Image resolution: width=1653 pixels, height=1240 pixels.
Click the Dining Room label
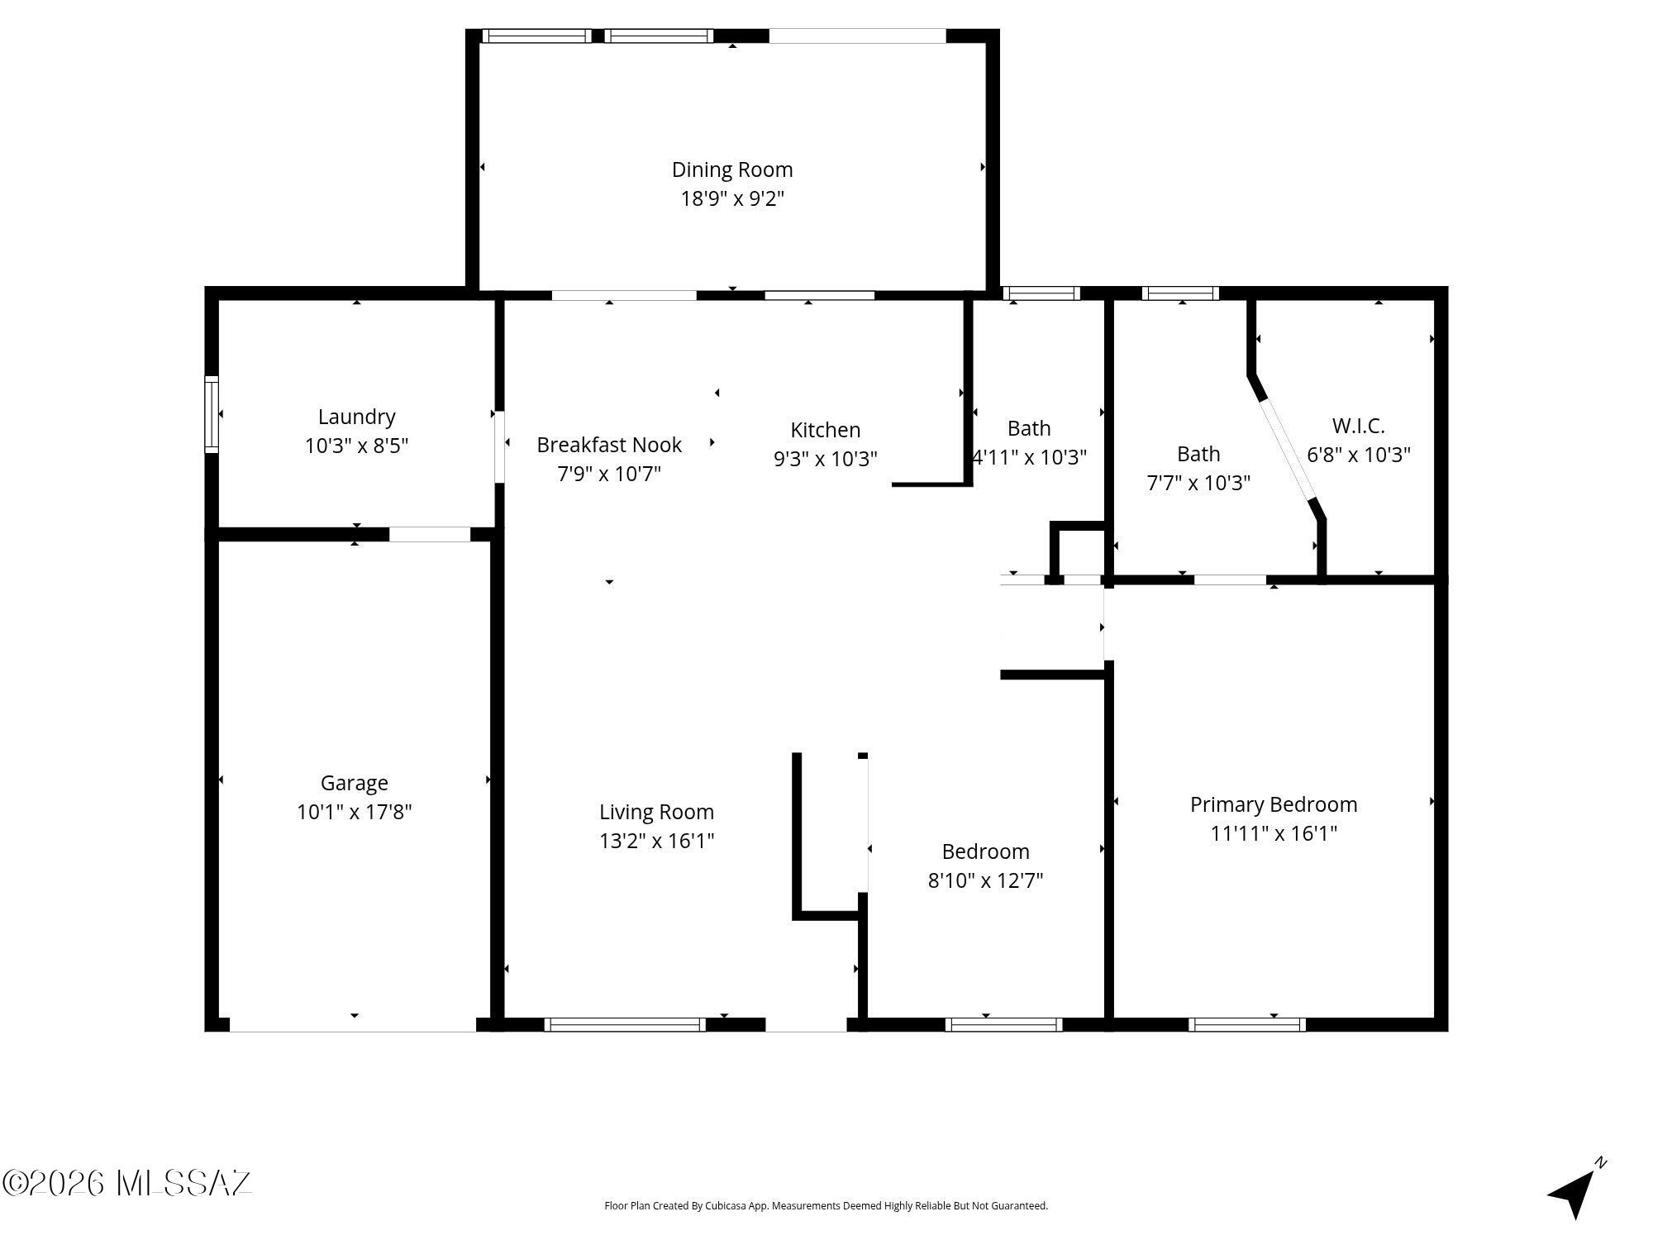point(732,169)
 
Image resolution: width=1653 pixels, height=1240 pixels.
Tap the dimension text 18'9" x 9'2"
point(732,199)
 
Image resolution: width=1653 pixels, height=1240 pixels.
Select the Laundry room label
point(357,417)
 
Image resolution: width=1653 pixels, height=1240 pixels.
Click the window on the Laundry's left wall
point(212,414)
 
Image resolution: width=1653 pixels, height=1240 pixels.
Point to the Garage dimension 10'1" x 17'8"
point(355,812)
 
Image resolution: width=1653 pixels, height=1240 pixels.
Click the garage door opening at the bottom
point(353,1025)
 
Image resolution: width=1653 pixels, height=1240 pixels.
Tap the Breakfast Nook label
point(609,445)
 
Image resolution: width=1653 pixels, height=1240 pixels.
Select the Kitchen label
point(825,430)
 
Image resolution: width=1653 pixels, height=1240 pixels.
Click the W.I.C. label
point(1358,426)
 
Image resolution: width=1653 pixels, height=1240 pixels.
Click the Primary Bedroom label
point(1274,804)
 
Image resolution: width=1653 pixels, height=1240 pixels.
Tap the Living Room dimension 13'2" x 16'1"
point(657,841)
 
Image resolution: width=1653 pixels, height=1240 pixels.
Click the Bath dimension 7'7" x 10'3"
point(1198,483)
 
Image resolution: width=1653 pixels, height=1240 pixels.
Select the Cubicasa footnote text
point(826,1206)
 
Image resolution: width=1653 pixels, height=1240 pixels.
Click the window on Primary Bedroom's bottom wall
point(1247,1025)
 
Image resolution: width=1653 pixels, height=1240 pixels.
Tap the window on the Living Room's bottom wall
point(625,1025)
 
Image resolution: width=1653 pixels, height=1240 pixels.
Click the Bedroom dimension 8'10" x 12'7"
point(985,880)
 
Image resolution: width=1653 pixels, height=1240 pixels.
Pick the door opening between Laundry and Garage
point(430,535)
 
